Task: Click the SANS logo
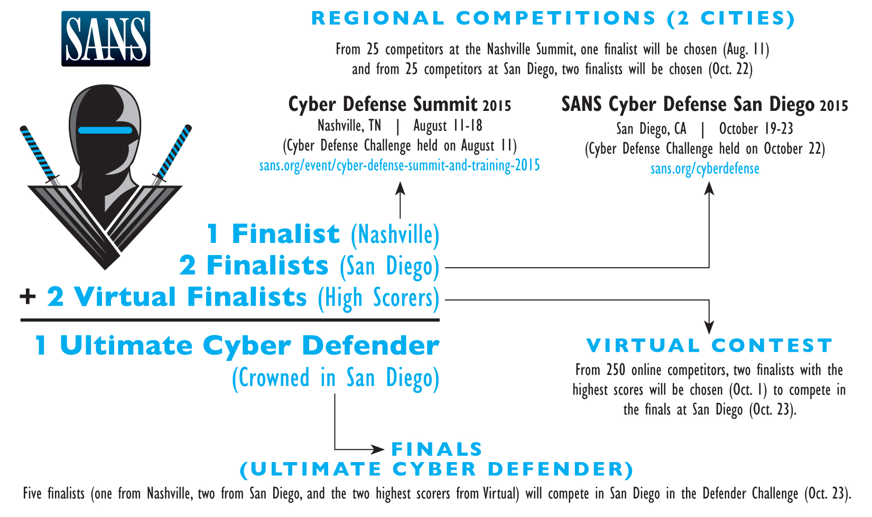(x=106, y=39)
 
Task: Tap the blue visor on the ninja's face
(x=105, y=130)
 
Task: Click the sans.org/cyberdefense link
(x=704, y=169)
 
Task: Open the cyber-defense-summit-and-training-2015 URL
(x=400, y=166)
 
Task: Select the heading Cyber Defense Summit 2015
(x=400, y=104)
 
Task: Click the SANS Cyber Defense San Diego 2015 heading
(x=704, y=104)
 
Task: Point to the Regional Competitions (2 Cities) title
(x=553, y=18)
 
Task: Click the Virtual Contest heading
(x=709, y=345)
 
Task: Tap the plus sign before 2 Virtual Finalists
(x=27, y=297)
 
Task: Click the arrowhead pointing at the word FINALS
(x=378, y=449)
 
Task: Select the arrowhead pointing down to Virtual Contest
(x=709, y=327)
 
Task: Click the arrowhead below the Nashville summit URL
(x=400, y=189)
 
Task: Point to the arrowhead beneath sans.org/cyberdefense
(x=709, y=189)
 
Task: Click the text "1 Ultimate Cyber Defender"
(x=237, y=345)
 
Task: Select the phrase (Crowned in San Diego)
(x=336, y=378)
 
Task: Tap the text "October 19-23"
(x=756, y=129)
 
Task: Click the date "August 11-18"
(x=448, y=126)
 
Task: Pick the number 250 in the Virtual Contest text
(x=616, y=370)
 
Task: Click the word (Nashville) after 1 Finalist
(x=395, y=235)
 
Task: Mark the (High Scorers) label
(x=379, y=298)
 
